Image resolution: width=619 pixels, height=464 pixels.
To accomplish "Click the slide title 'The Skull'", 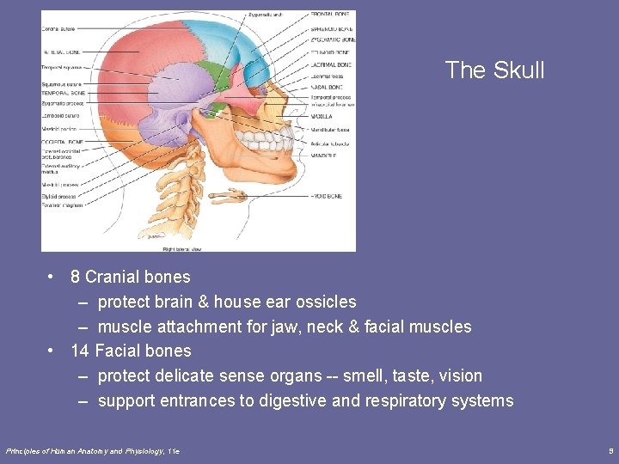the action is pyautogui.click(x=495, y=70).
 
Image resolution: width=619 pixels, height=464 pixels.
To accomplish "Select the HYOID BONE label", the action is pyautogui.click(x=327, y=196).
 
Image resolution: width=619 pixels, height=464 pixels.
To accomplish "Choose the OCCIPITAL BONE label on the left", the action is pyautogui.click(x=63, y=142).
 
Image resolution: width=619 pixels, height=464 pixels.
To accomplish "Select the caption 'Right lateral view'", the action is pyautogui.click(x=182, y=248).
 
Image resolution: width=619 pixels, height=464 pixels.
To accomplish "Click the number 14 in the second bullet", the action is pyautogui.click(x=80, y=351).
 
